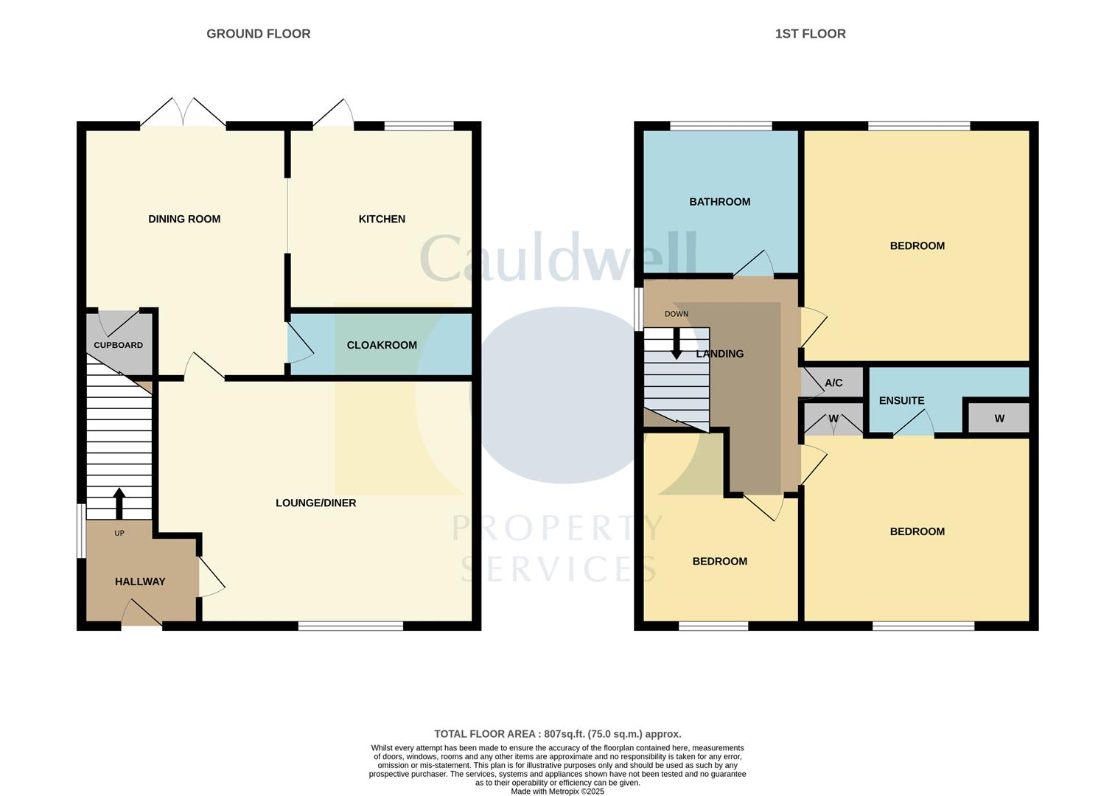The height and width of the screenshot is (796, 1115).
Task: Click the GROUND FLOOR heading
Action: pyautogui.click(x=258, y=34)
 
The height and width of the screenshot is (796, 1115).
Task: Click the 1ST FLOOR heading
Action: pyautogui.click(x=810, y=34)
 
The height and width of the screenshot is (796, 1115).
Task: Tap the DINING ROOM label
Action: pyautogui.click(x=184, y=219)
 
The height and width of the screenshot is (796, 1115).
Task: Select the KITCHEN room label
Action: pyautogui.click(x=382, y=219)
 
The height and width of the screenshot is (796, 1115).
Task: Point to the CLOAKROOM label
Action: pyautogui.click(x=382, y=345)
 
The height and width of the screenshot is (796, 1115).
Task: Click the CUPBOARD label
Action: pyautogui.click(x=118, y=345)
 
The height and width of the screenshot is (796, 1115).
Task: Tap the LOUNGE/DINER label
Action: pyautogui.click(x=315, y=503)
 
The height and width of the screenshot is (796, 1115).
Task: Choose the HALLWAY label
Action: pyautogui.click(x=140, y=582)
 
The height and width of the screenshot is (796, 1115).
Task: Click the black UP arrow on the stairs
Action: pyautogui.click(x=119, y=503)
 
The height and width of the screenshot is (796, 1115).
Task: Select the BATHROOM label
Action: pyautogui.click(x=720, y=202)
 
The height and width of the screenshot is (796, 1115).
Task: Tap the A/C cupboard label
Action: pyautogui.click(x=833, y=383)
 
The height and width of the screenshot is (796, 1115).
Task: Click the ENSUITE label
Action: pyautogui.click(x=901, y=401)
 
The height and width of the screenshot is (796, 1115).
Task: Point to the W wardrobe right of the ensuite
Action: pyautogui.click(x=999, y=419)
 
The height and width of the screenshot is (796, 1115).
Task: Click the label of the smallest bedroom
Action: pyautogui.click(x=720, y=562)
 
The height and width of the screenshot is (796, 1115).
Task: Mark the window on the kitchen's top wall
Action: pyautogui.click(x=419, y=126)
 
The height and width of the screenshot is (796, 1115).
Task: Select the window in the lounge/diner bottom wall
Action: pyautogui.click(x=351, y=626)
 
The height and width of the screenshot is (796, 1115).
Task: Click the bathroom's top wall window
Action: pyautogui.click(x=721, y=126)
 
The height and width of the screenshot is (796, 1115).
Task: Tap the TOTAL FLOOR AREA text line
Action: pyautogui.click(x=557, y=734)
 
